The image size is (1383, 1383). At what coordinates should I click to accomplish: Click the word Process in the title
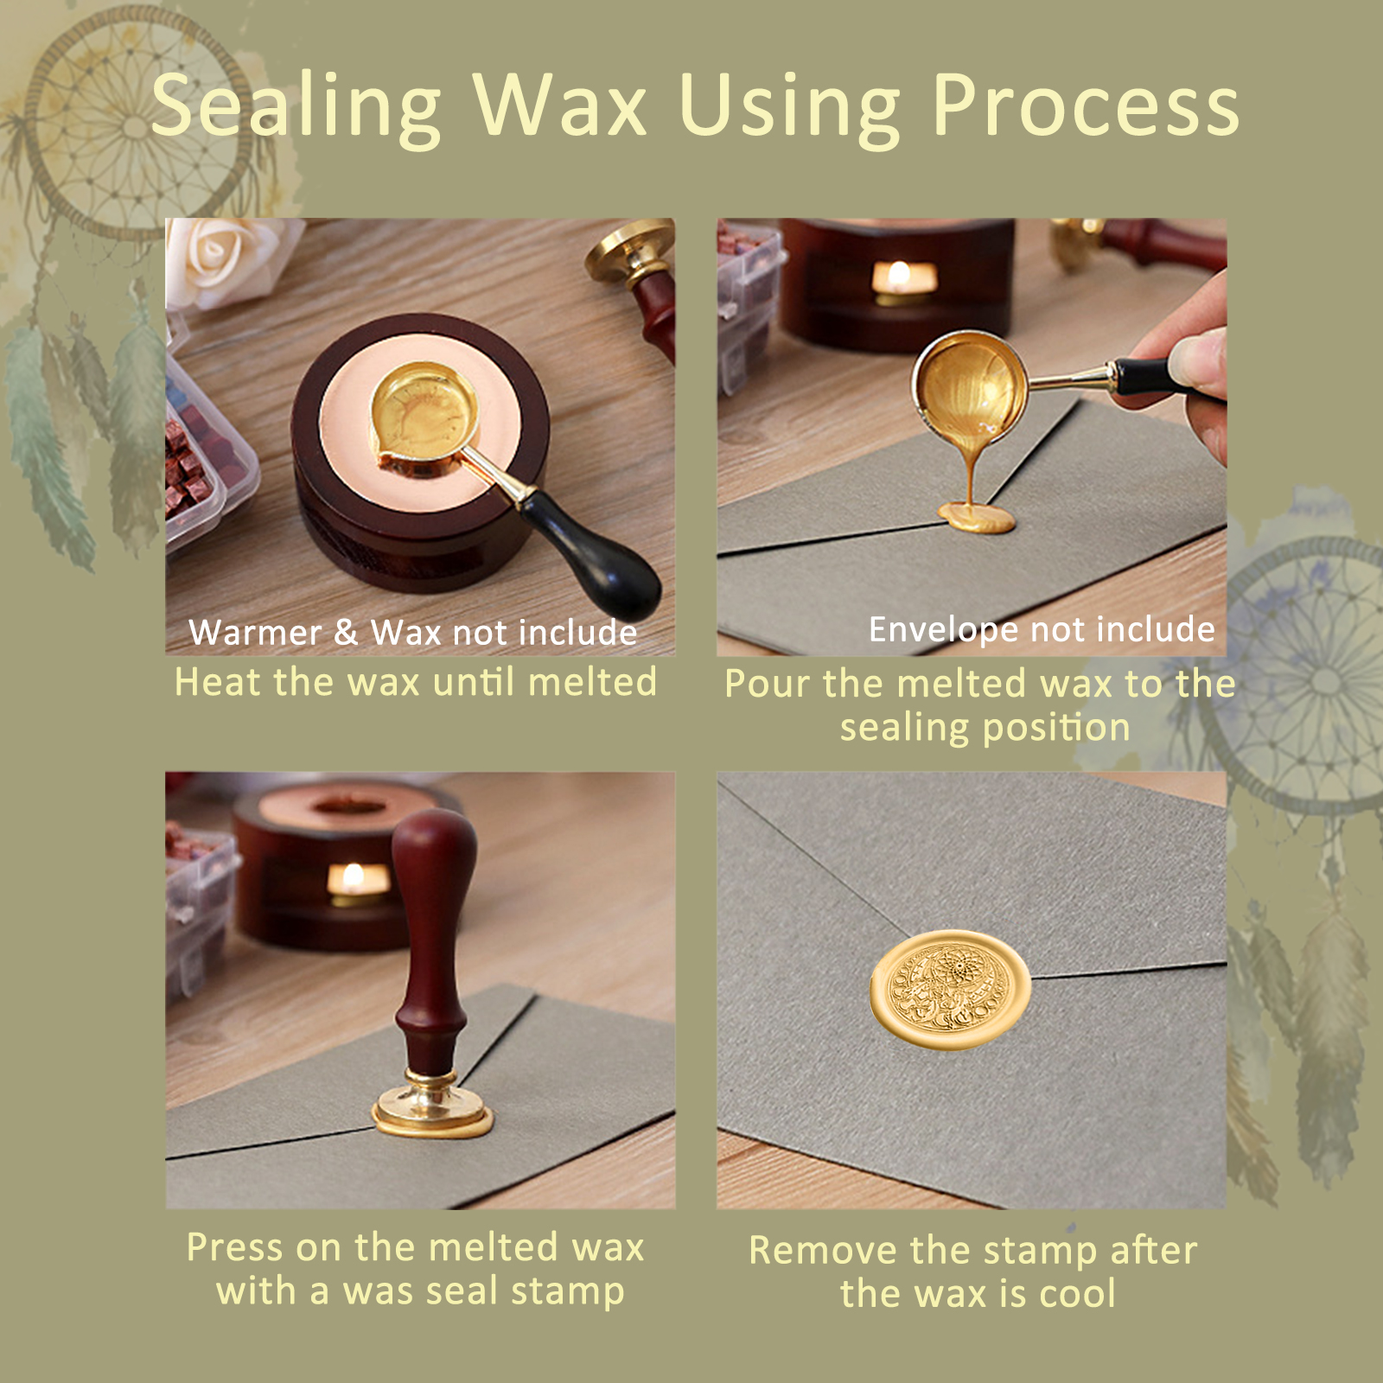1086,106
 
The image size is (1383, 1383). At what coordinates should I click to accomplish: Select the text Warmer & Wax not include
413,633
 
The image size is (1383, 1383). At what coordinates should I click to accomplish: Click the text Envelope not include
1042,629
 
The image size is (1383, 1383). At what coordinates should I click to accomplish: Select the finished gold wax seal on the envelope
950,991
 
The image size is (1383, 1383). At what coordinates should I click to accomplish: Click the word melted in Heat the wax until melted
592,682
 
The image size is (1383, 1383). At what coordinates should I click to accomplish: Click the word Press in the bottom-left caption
234,1247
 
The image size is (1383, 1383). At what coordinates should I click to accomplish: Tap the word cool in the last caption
1077,1294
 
